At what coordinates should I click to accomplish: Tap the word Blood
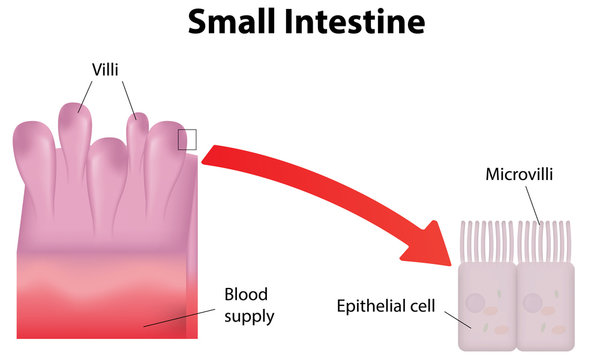click(247, 296)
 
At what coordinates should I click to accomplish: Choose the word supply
click(249, 316)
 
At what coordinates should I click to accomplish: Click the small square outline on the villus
click(187, 139)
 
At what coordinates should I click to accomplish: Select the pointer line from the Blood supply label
click(180, 317)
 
